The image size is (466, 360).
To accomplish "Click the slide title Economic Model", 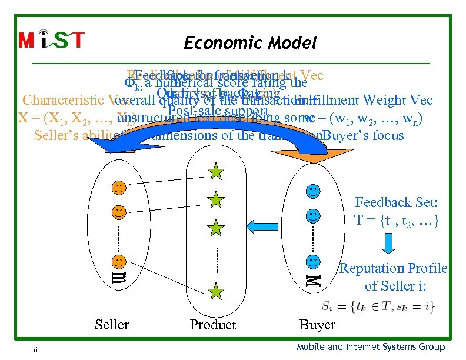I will click(250, 43).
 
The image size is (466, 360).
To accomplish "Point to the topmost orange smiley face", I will click(119, 188).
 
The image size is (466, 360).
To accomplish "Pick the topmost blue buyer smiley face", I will click(314, 191).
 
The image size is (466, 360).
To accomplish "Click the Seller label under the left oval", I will click(112, 325).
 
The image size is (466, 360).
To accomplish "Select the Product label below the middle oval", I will click(212, 325).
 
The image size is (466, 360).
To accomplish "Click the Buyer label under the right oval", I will click(317, 325).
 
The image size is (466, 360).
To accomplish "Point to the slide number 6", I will click(36, 350).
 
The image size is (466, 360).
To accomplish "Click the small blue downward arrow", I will click(390, 242).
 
